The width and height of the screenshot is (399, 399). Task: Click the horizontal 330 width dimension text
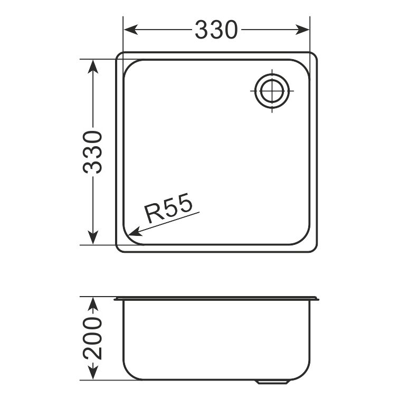point(216,30)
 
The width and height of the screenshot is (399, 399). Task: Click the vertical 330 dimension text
point(92,152)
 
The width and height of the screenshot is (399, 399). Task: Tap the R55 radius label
point(168,207)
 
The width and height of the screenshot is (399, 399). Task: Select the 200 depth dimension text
point(92,339)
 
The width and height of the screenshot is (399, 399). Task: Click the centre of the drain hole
point(272,91)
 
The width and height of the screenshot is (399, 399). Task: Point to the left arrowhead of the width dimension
point(131,30)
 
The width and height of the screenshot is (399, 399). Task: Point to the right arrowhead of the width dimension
point(302,30)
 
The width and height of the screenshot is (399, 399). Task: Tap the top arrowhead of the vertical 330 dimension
point(93,66)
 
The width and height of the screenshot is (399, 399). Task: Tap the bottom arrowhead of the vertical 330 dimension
point(93,237)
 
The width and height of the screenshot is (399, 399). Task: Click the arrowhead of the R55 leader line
point(135,232)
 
